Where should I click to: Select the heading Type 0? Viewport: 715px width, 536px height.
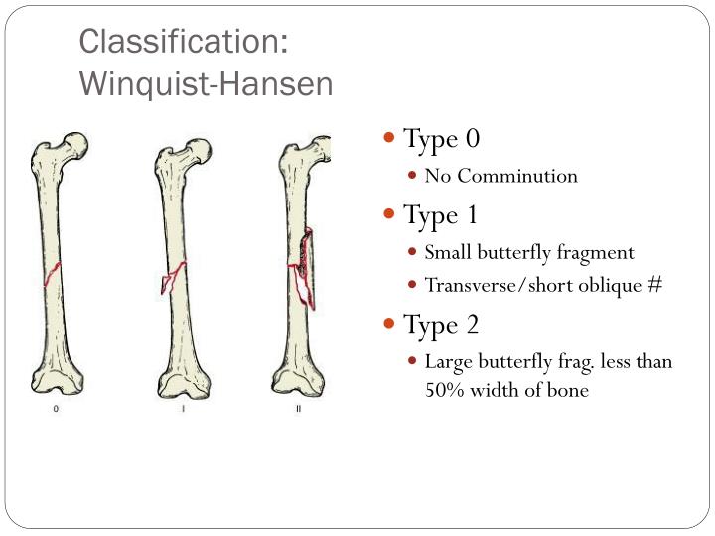point(441,138)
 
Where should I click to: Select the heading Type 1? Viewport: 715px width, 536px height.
point(441,214)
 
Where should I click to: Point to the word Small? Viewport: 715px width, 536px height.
point(447,252)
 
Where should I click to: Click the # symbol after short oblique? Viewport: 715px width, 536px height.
point(654,285)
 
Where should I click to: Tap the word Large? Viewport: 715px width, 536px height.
point(447,361)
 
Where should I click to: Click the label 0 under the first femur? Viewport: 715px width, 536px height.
point(56,409)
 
